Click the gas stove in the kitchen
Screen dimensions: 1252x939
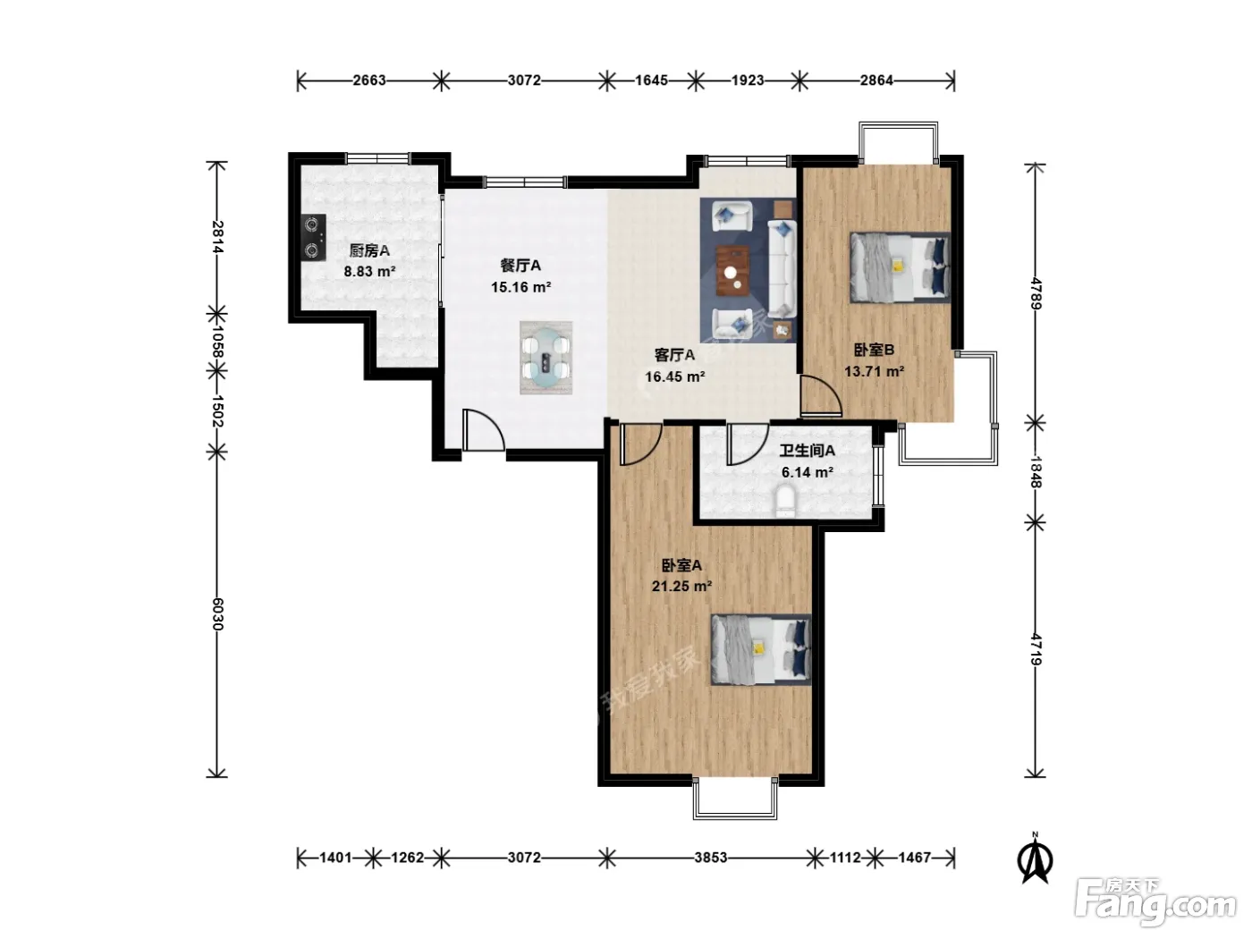314,237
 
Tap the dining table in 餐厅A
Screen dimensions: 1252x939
546,358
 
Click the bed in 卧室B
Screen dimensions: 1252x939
900,266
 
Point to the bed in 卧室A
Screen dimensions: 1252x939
760,649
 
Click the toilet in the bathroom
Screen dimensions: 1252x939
785,501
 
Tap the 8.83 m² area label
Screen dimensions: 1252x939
369,271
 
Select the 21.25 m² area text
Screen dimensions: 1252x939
681,586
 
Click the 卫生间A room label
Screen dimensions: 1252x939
808,451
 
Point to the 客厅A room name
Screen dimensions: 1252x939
674,355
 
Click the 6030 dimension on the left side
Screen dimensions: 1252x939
217,614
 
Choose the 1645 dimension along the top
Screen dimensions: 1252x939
651,80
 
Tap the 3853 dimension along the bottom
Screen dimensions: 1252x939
711,857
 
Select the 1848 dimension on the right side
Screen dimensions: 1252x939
1036,472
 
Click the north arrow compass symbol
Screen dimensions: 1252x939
1036,858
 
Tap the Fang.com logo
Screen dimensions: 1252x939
1155,901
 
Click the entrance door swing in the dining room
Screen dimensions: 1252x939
483,430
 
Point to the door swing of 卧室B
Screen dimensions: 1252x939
821,395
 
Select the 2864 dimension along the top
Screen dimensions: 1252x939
876,80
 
